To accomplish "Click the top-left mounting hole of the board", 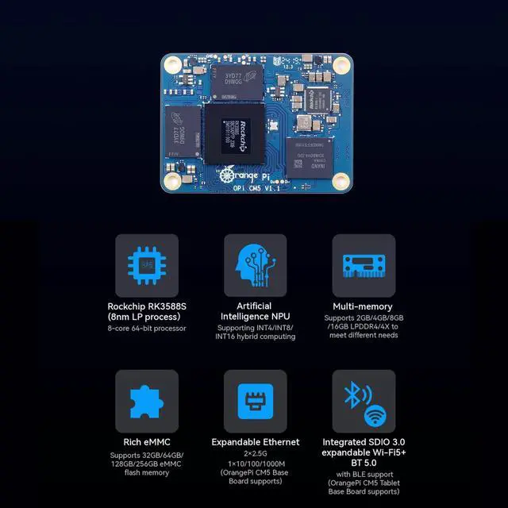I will [x=172, y=62].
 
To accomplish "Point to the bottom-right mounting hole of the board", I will [x=341, y=181].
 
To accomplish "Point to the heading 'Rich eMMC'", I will [x=147, y=442].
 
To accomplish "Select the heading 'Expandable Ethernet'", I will [x=255, y=442].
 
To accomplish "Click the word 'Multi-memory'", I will [x=363, y=306].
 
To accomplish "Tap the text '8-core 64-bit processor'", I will [x=147, y=329].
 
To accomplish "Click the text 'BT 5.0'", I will [x=363, y=463].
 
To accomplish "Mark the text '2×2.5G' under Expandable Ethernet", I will [x=255, y=452].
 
